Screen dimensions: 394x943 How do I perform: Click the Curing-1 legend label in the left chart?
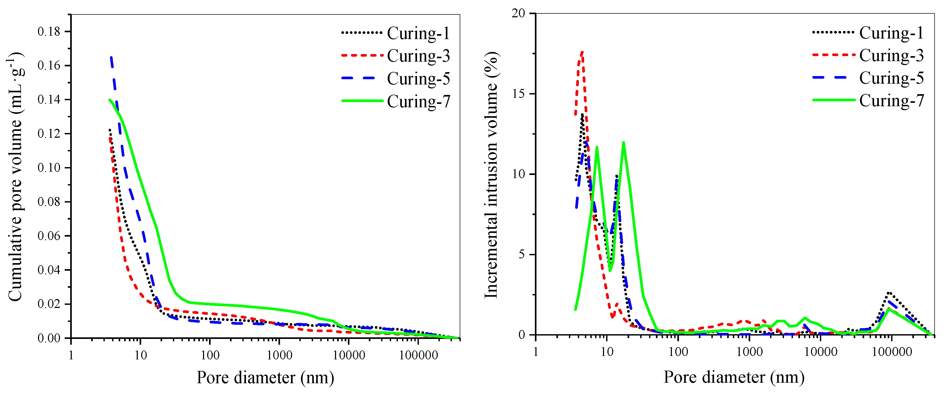418,33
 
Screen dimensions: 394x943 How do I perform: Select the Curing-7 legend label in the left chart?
418,102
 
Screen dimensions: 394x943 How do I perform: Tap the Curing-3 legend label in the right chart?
891,56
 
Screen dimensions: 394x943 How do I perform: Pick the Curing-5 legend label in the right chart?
891,78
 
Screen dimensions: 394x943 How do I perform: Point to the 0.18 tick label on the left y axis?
49,31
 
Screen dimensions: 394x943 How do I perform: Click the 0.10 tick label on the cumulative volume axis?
49,168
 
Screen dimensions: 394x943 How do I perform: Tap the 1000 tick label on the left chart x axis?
279,355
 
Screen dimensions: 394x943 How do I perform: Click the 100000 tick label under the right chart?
891,352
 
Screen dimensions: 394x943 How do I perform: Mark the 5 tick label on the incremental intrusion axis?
521,254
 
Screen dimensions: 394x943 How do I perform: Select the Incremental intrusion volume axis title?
491,175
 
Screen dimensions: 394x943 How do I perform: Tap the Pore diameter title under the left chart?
265,377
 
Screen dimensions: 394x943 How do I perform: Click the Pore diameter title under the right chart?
734,377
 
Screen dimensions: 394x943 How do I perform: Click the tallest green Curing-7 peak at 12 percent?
623,143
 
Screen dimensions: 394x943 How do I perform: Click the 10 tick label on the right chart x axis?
607,352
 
